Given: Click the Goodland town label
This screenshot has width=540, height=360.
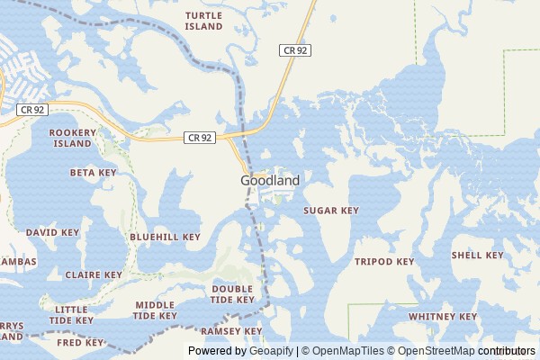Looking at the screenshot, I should [270, 180].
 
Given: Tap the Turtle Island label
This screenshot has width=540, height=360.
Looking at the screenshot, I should [203, 22].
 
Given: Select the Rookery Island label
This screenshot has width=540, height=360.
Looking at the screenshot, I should [73, 138].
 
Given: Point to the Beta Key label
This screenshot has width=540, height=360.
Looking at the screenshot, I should [94, 172].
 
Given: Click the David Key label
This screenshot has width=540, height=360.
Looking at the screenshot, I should [52, 232].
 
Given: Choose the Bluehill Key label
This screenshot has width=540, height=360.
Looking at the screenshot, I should [165, 238].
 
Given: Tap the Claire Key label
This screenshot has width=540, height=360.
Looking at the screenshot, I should [94, 275].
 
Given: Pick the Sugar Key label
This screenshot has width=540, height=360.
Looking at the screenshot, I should [330, 211].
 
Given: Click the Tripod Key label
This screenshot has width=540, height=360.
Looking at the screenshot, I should [384, 262].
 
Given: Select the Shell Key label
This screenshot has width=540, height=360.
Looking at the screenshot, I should [478, 256].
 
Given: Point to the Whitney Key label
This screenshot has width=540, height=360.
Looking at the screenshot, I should [443, 317].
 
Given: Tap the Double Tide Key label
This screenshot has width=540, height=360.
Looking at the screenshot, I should [233, 294].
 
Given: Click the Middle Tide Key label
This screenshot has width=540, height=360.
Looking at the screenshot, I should [155, 310].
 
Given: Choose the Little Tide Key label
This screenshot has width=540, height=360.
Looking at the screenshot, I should [71, 314].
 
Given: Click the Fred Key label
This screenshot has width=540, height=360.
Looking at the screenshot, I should [81, 343].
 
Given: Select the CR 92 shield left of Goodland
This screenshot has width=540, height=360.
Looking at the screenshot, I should [200, 138].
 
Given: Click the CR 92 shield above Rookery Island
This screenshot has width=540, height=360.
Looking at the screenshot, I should [31, 109].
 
